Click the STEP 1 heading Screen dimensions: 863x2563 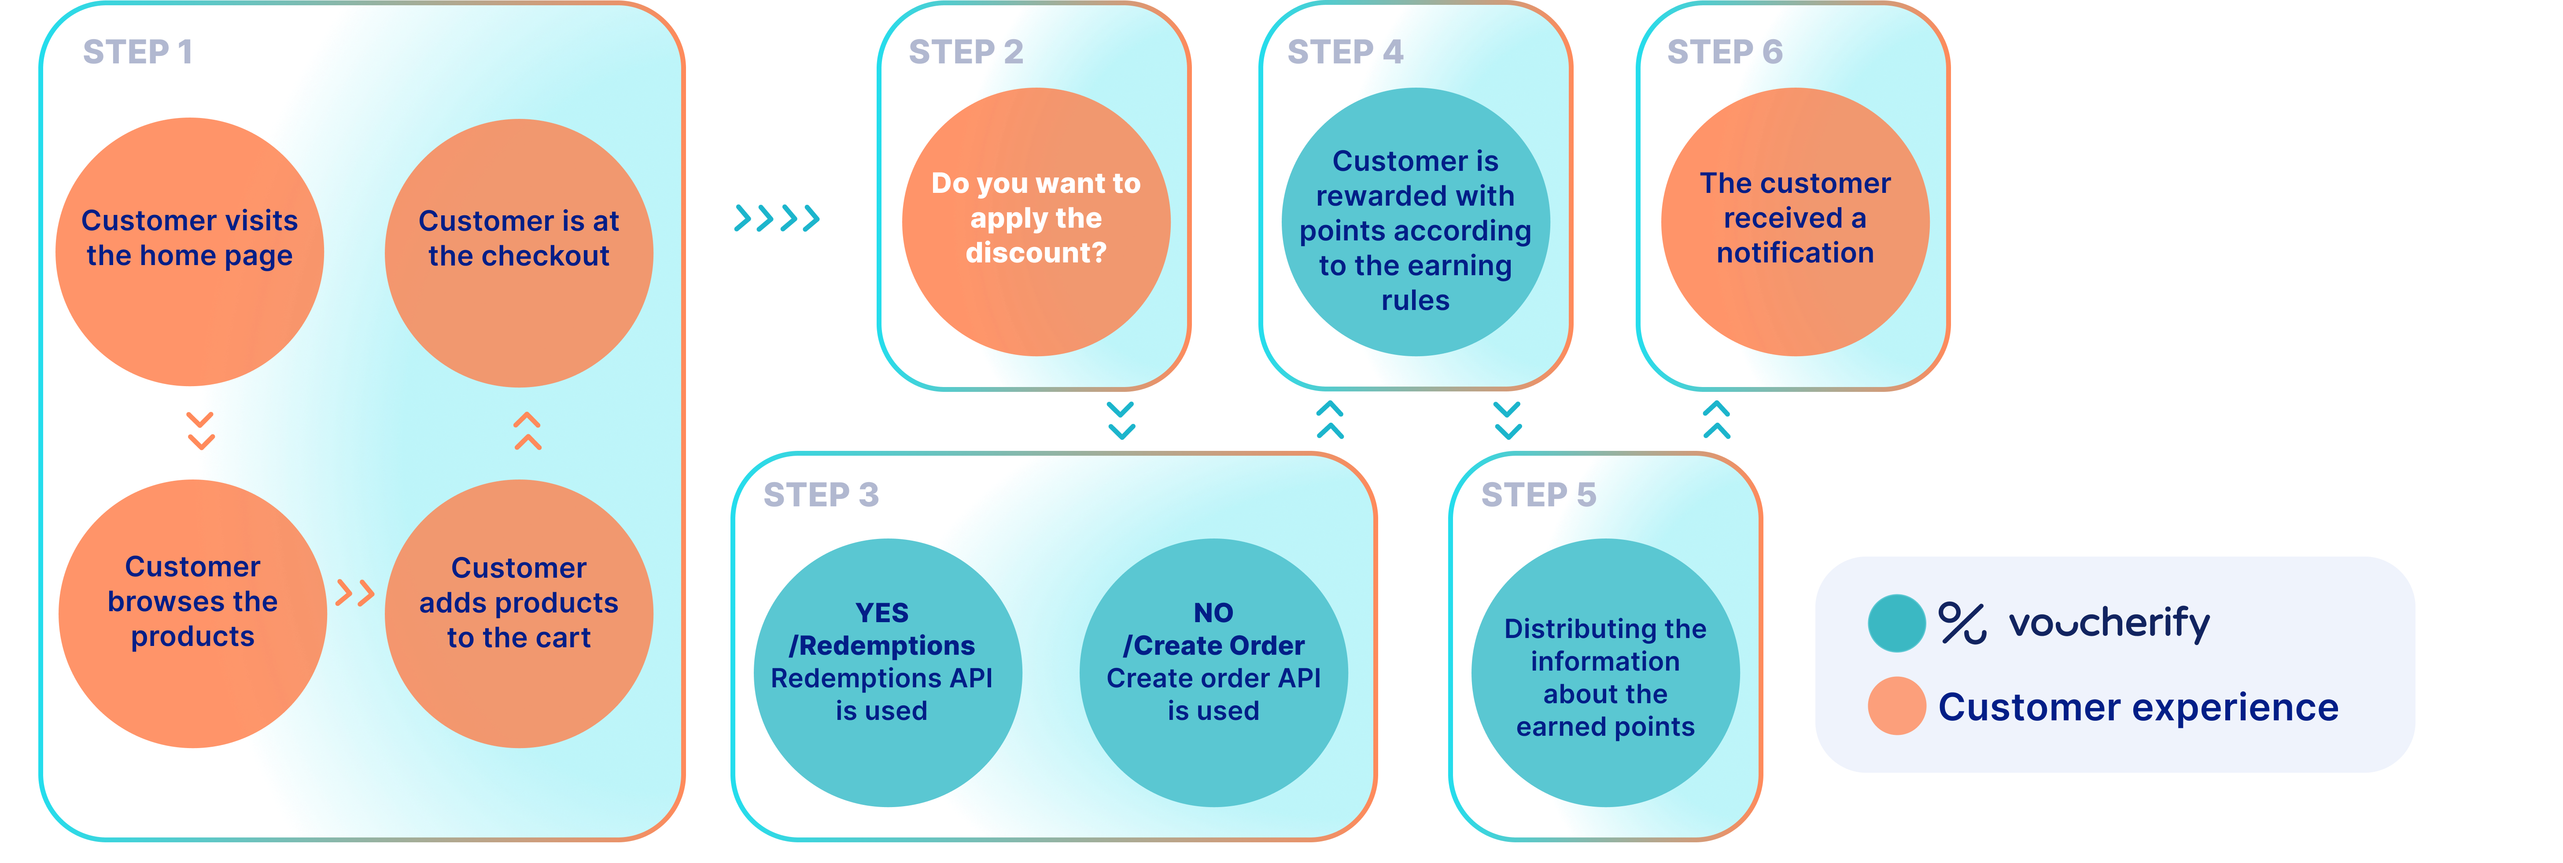tap(137, 52)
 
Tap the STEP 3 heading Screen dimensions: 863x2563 tap(821, 495)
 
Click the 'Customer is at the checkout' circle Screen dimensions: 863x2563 tap(518, 253)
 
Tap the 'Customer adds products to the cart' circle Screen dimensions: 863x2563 tap(518, 613)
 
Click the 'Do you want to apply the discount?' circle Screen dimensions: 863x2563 tap(1036, 221)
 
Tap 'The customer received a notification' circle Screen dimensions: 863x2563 tap(1795, 221)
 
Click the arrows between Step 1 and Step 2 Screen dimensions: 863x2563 tap(776, 218)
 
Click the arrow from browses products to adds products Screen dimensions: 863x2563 tap(354, 593)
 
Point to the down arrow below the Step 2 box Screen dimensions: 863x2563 tap(1121, 420)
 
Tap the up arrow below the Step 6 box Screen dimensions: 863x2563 tap(1716, 420)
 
